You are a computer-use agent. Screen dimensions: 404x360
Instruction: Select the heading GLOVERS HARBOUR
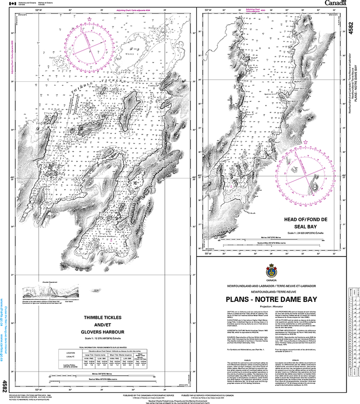105,332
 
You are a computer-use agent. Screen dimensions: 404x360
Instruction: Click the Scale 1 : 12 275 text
104,339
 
